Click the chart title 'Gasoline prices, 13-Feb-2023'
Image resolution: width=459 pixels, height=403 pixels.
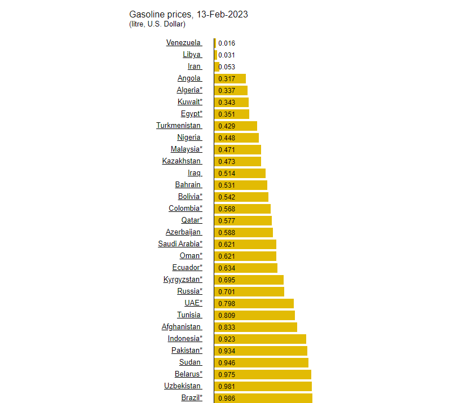pos(188,14)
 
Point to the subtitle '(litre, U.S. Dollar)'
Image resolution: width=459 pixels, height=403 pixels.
pos(157,24)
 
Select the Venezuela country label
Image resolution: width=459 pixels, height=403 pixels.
pos(183,43)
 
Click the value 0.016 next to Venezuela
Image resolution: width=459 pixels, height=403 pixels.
pos(227,43)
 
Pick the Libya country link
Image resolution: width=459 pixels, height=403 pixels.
pos(191,55)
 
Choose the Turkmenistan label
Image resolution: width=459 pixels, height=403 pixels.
pos(178,126)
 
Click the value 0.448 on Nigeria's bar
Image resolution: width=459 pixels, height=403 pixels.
pos(227,138)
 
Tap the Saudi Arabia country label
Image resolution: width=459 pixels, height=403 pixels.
pos(180,244)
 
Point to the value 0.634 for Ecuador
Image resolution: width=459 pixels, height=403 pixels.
pos(227,268)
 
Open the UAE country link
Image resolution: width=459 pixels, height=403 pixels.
pos(193,303)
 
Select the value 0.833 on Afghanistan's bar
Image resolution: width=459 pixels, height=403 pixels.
pos(227,327)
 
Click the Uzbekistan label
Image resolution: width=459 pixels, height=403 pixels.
pos(182,386)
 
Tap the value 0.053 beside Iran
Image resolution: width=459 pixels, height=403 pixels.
pos(227,67)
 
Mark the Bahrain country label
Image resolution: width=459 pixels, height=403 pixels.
pos(188,185)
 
